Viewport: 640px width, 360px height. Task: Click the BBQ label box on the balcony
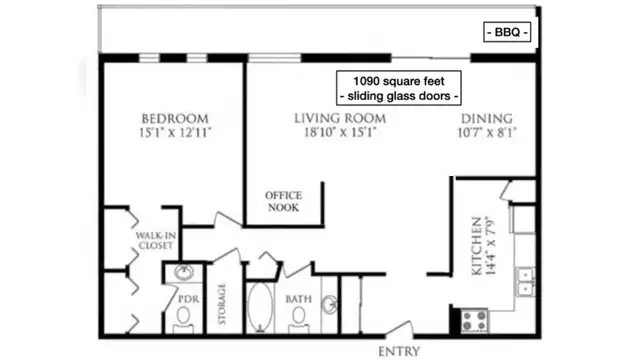(x=507, y=32)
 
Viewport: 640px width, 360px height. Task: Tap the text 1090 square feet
(x=399, y=81)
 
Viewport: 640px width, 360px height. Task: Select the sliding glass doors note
(x=399, y=96)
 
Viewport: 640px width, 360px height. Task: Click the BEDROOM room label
(x=175, y=118)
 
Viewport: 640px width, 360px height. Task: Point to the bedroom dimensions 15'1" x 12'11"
(x=175, y=132)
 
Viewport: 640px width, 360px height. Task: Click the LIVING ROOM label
(x=340, y=118)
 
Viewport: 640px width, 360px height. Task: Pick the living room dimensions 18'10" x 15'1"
(x=340, y=132)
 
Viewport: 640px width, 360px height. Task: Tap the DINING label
(x=487, y=118)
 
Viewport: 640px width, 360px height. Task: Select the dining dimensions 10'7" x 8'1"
(x=487, y=132)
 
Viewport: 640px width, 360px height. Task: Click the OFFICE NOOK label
(x=284, y=201)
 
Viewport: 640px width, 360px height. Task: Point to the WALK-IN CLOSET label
(x=156, y=240)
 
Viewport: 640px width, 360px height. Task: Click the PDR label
(x=189, y=299)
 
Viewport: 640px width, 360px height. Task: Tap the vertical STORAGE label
(x=222, y=304)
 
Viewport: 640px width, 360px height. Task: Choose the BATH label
(x=298, y=299)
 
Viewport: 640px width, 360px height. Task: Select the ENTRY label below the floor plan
(x=399, y=351)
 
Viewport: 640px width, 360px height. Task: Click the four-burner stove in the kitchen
(x=474, y=320)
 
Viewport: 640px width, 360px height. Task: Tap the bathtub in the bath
(x=260, y=307)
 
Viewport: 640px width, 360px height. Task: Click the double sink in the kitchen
(x=525, y=282)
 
